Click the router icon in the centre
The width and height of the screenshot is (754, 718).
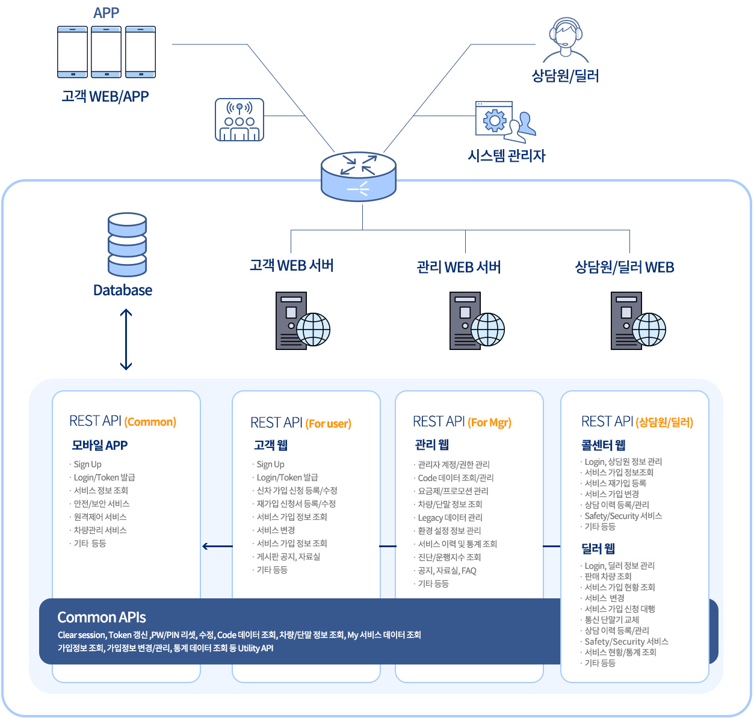point(359,176)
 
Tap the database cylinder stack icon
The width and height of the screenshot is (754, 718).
point(127,244)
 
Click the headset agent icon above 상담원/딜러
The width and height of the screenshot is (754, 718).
point(566,40)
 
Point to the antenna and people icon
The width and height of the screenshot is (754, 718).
point(239,120)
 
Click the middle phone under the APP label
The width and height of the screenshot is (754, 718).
point(107,52)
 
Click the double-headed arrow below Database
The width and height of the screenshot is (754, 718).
point(126,340)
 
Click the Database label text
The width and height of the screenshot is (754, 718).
point(123,290)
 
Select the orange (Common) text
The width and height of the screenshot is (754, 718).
point(150,422)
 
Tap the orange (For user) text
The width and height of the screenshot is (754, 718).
point(329,423)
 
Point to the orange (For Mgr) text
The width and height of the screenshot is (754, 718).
point(489,423)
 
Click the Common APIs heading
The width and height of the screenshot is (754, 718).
point(102,618)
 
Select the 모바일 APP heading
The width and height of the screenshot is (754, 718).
point(100,446)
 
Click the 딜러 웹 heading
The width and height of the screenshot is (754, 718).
point(598,548)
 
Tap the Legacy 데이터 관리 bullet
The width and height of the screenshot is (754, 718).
point(450,518)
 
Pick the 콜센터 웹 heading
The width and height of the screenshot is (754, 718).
point(603,445)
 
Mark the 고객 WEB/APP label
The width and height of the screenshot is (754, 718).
point(105,96)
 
